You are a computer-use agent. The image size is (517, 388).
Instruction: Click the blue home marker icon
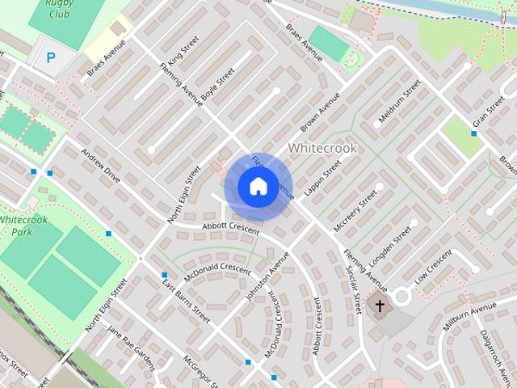(258, 187)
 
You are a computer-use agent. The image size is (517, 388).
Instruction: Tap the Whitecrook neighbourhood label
(322, 148)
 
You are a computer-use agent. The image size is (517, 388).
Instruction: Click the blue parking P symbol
(51, 57)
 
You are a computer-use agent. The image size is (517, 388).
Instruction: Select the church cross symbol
(379, 305)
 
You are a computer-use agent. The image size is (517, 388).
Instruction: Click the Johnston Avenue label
(267, 276)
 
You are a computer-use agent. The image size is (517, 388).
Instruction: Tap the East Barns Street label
(186, 300)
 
